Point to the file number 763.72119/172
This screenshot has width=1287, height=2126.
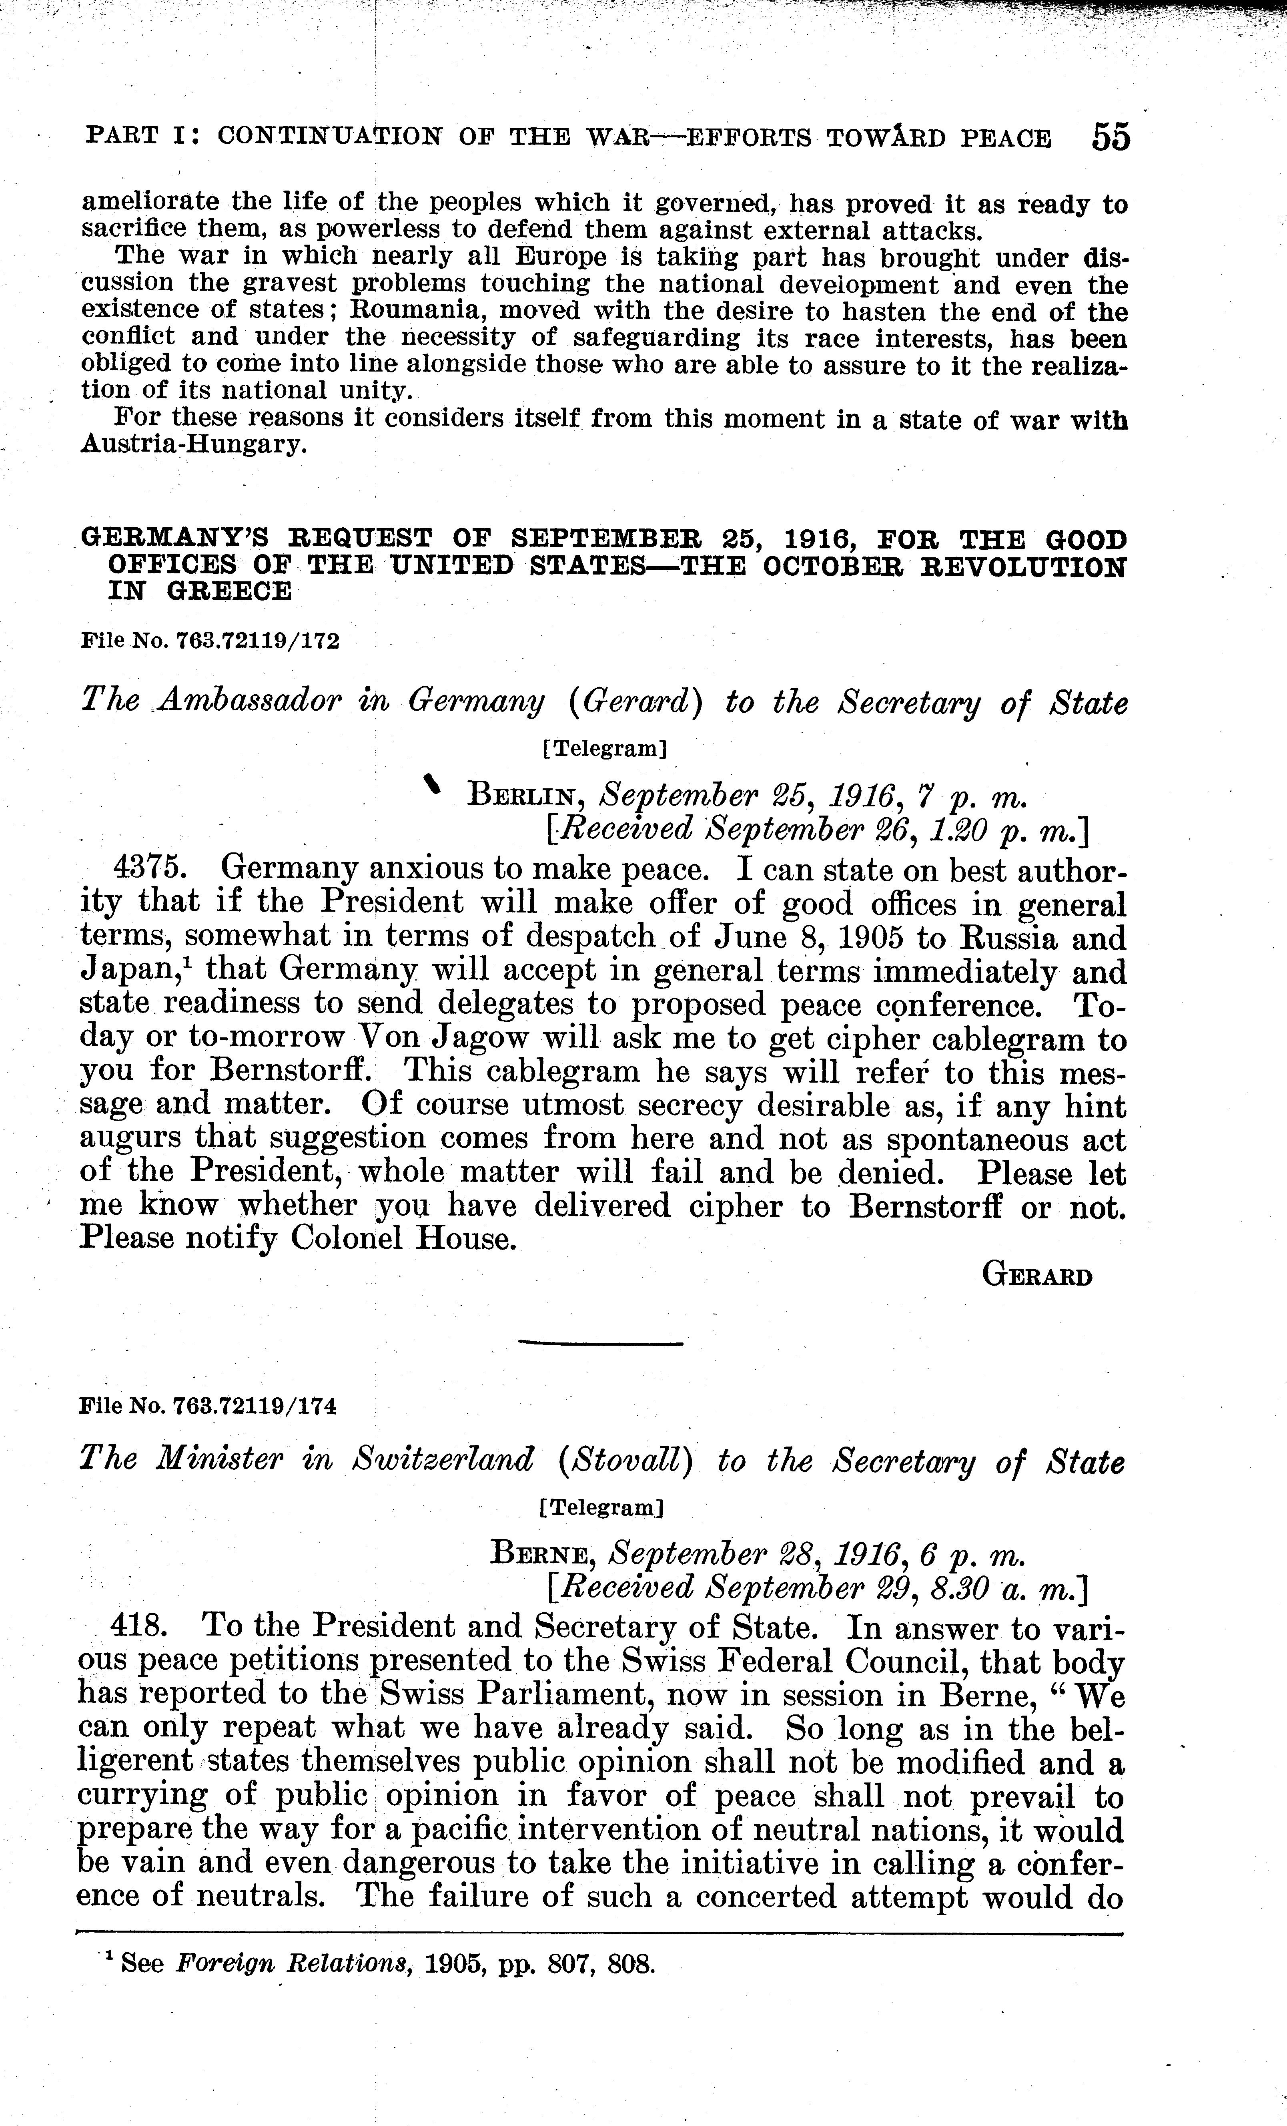pyautogui.click(x=257, y=641)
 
